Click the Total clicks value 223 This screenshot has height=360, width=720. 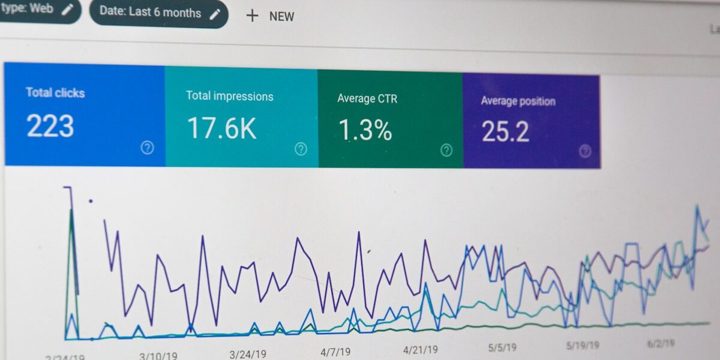pos(50,126)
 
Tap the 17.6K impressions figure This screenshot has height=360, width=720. pos(221,128)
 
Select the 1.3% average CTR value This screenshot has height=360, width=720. pos(365,130)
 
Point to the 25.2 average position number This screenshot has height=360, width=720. pos(505,132)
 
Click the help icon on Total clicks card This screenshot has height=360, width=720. pos(147,148)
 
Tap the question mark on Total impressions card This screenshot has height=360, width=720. pos(301,149)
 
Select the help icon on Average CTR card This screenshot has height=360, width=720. pos(446,150)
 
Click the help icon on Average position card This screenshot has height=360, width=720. pos(585,151)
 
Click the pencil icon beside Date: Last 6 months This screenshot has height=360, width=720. pos(215,14)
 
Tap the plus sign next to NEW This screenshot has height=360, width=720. pos(252,16)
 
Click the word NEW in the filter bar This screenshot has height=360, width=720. pos(281,17)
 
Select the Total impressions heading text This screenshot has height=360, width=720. pos(229,96)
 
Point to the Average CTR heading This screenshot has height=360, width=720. pos(367,98)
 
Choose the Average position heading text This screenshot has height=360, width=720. pos(518,101)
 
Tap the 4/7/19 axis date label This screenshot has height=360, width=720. pos(335,352)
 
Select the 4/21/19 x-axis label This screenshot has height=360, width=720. pos(420,349)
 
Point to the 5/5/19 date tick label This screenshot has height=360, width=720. pos(502,347)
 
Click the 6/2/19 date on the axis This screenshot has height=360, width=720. pos(661,344)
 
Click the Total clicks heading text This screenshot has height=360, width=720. pos(55,92)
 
